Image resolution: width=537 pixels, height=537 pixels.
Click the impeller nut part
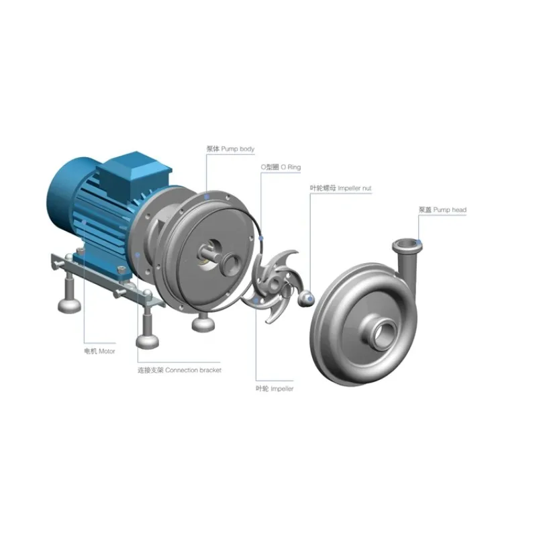click(x=306, y=299)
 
